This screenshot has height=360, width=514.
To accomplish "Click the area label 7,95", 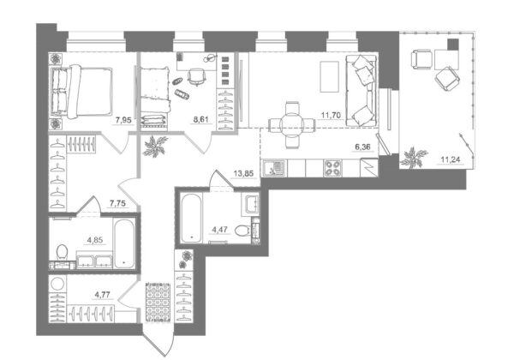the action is [x=123, y=120].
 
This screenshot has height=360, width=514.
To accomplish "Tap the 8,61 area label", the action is [x=200, y=120].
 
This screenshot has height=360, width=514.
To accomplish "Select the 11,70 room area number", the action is [x=331, y=115].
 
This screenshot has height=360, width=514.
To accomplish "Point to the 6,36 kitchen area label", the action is [x=363, y=147].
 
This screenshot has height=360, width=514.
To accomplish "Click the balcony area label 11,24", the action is [x=451, y=160].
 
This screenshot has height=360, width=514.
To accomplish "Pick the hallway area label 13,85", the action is [x=243, y=173].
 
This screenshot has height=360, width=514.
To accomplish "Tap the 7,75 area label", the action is [x=117, y=204].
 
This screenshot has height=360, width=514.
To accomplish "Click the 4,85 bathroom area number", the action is [x=95, y=240].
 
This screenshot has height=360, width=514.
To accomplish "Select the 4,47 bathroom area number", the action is [x=220, y=229].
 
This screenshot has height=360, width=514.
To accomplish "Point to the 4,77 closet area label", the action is [x=102, y=295].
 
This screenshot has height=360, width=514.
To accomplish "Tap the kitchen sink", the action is [x=274, y=168].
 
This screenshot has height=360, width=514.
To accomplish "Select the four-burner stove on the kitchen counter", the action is [x=332, y=168].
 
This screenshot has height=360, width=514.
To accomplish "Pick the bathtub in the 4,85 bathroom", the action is [x=124, y=243].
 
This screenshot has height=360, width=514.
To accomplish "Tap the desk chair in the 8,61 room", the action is [x=196, y=77].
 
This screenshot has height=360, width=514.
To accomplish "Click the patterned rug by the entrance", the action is [x=158, y=302].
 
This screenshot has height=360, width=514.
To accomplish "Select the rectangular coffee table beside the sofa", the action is [x=329, y=77].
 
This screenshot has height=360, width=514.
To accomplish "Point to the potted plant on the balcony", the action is [x=415, y=158].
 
